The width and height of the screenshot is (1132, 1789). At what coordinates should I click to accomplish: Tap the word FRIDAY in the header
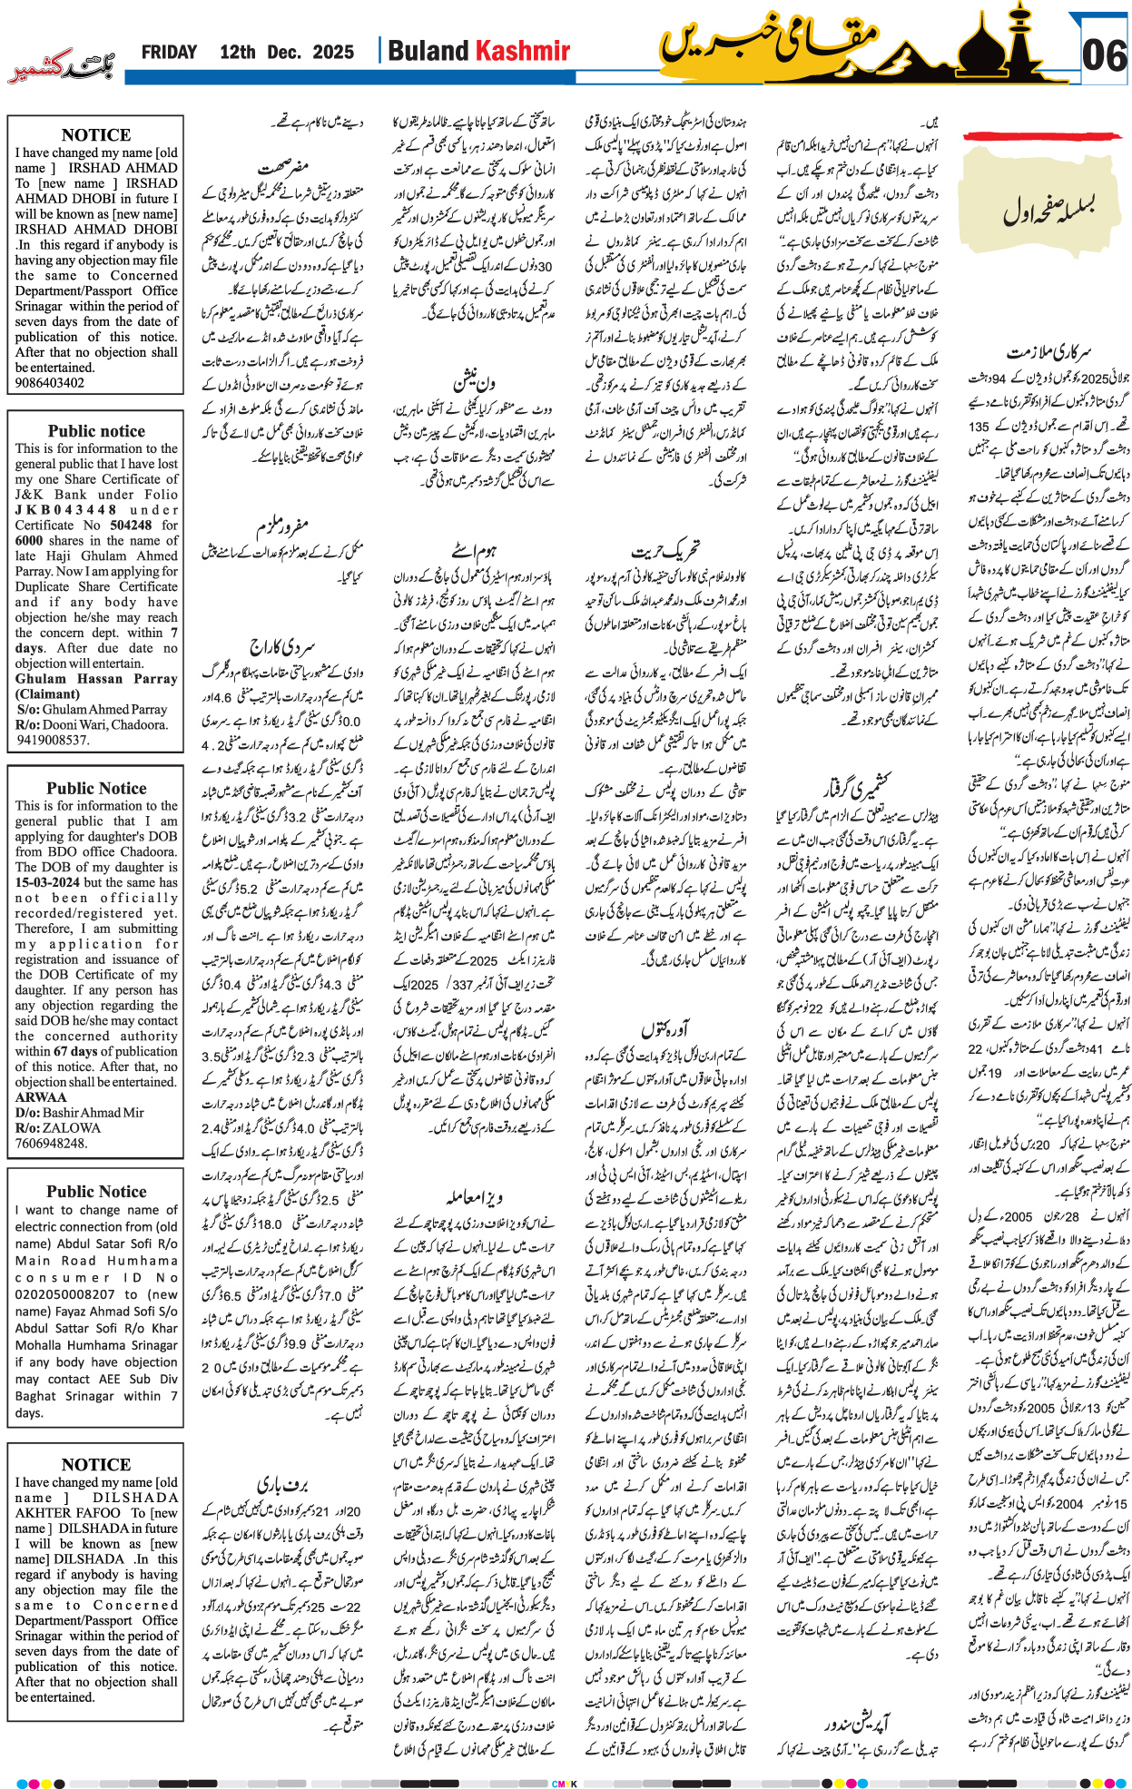pos(169,53)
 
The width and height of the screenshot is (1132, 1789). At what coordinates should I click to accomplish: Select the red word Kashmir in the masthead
pos(524,52)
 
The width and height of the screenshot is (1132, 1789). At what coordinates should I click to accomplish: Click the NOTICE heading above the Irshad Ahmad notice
pos(96,134)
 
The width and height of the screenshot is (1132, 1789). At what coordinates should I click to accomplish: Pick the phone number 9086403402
pos(50,383)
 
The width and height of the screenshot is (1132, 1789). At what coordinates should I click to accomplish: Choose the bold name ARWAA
pos(40,1097)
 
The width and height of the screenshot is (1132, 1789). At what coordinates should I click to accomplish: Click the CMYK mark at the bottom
pos(565,1784)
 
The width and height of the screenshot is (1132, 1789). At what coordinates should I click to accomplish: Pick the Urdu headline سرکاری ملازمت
pos(1049,351)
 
